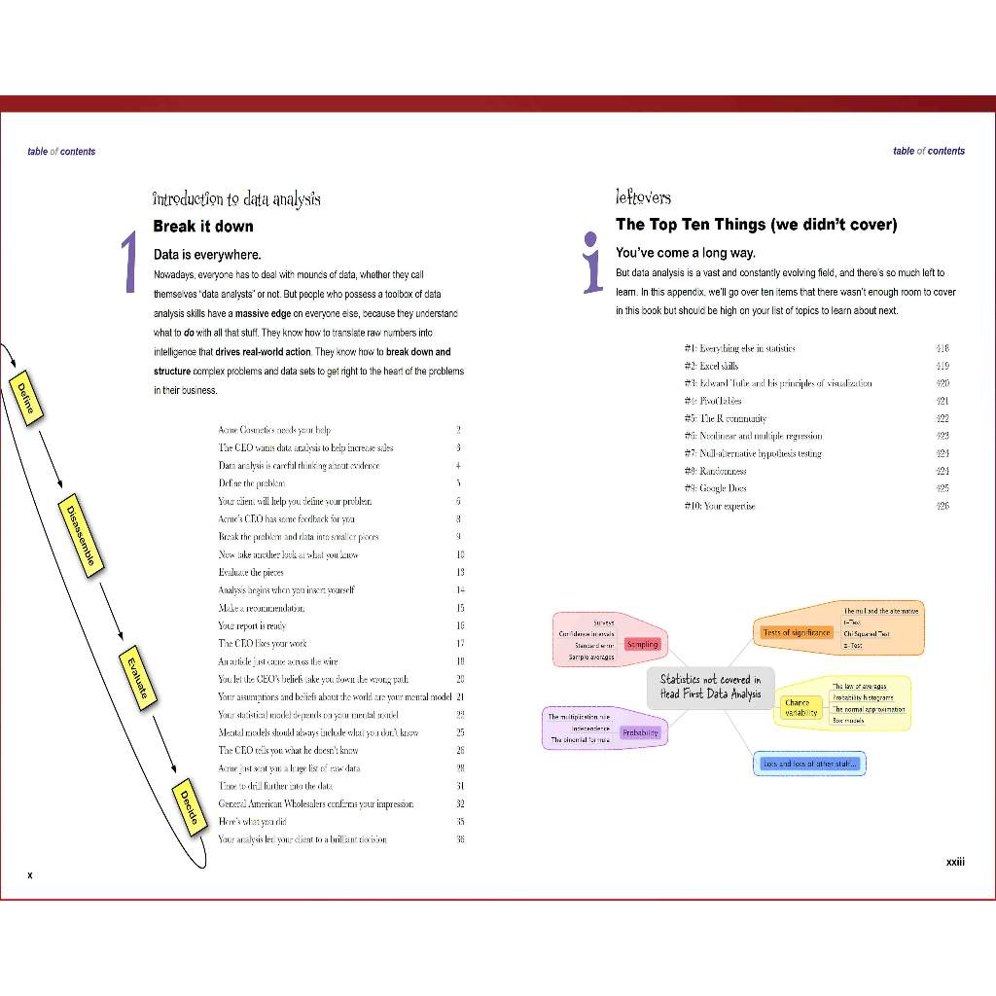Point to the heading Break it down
[203, 227]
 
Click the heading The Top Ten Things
[756, 225]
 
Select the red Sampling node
[642, 644]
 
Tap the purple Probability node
[640, 732]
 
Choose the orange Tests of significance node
[797, 632]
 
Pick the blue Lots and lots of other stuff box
[809, 764]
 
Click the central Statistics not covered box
[711, 687]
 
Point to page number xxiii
[955, 862]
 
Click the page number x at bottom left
[30, 875]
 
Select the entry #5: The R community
[726, 418]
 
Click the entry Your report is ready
[252, 625]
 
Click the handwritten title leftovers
[643, 197]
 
